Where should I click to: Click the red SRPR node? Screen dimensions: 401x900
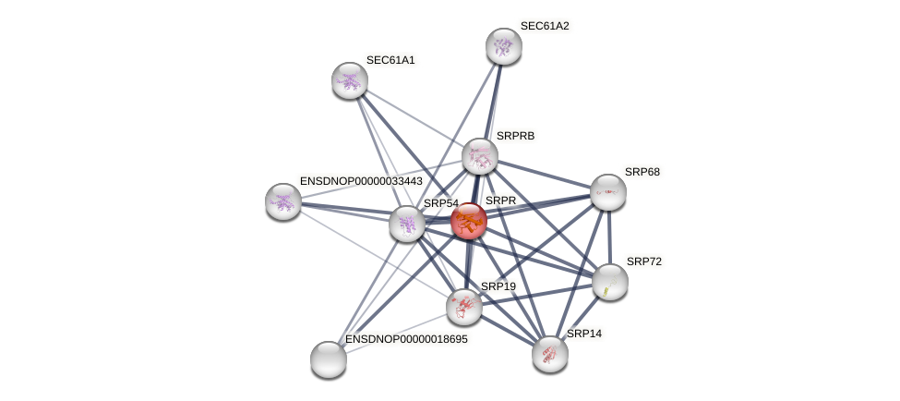tap(468, 221)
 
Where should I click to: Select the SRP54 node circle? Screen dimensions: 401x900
tap(407, 224)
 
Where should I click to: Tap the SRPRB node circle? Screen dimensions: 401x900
tap(480, 156)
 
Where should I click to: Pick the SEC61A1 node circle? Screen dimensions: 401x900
tap(350, 80)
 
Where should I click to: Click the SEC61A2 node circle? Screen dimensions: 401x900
tap(504, 46)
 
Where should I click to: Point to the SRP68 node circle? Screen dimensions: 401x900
tap(608, 192)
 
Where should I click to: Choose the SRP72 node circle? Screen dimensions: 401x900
tap(610, 282)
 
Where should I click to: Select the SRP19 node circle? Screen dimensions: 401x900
tap(464, 307)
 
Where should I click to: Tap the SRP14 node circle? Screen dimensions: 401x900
tap(550, 354)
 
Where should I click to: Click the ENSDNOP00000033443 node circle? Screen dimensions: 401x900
tap(283, 201)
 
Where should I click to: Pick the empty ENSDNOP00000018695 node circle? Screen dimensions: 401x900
tap(329, 359)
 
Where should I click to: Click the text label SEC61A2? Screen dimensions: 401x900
tap(545, 26)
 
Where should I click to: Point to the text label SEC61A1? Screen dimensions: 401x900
tap(390, 60)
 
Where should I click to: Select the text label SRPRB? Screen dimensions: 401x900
tap(515, 136)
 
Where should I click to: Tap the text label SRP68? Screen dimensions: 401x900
tap(642, 172)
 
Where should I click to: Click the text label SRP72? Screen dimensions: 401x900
tap(643, 261)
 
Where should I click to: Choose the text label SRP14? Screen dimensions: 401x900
tap(584, 334)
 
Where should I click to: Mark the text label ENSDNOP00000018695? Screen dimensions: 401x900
tap(406, 339)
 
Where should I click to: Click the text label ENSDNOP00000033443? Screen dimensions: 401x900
tap(361, 181)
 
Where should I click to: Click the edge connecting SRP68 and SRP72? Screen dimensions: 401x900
tap(609, 237)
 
